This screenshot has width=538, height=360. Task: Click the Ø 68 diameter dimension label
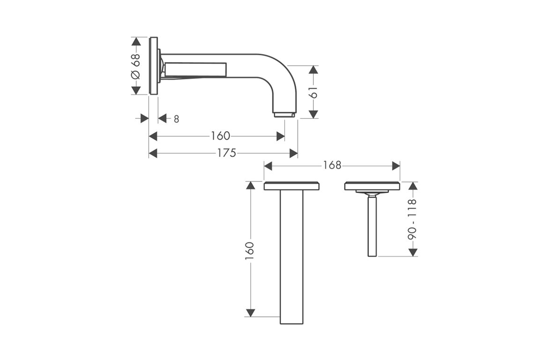tap(136, 66)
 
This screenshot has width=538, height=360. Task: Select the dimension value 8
tap(176, 120)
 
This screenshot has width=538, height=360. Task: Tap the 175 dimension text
tap(227, 153)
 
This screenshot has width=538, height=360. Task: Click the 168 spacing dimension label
tap(332, 166)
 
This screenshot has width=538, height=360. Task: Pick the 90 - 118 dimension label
tap(412, 219)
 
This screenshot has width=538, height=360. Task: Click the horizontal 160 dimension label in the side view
tap(220, 136)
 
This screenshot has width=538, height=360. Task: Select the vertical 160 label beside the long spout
tap(249, 251)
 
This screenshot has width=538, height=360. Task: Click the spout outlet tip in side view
tap(284, 114)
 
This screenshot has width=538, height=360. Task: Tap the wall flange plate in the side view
tap(154, 65)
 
